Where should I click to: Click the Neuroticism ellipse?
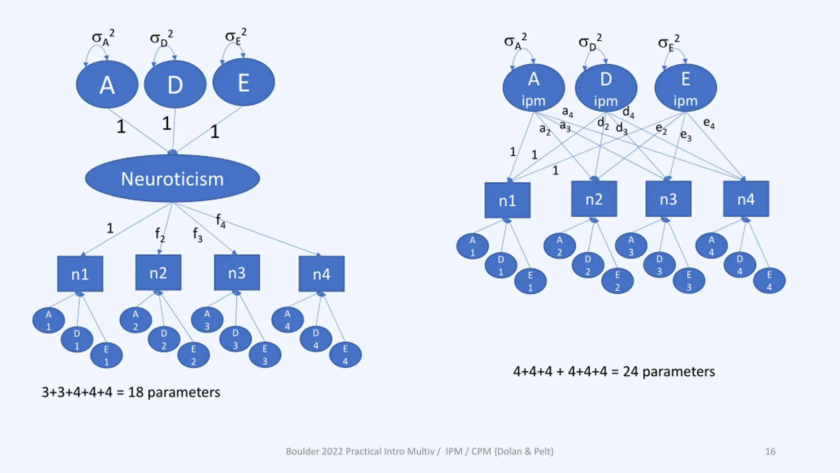(172, 179)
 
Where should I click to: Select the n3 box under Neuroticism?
(237, 273)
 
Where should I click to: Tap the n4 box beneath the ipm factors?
(746, 199)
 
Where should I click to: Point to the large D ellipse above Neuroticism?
(175, 85)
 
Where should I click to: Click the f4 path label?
(220, 220)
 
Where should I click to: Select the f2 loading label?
(160, 235)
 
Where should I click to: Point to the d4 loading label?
(628, 112)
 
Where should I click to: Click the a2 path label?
(545, 129)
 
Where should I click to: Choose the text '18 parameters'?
(174, 392)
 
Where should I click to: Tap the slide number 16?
(770, 451)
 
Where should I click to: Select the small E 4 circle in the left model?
(345, 355)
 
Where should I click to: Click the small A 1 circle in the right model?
(472, 246)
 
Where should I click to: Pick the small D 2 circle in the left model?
(164, 339)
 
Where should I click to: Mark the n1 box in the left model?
(80, 274)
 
